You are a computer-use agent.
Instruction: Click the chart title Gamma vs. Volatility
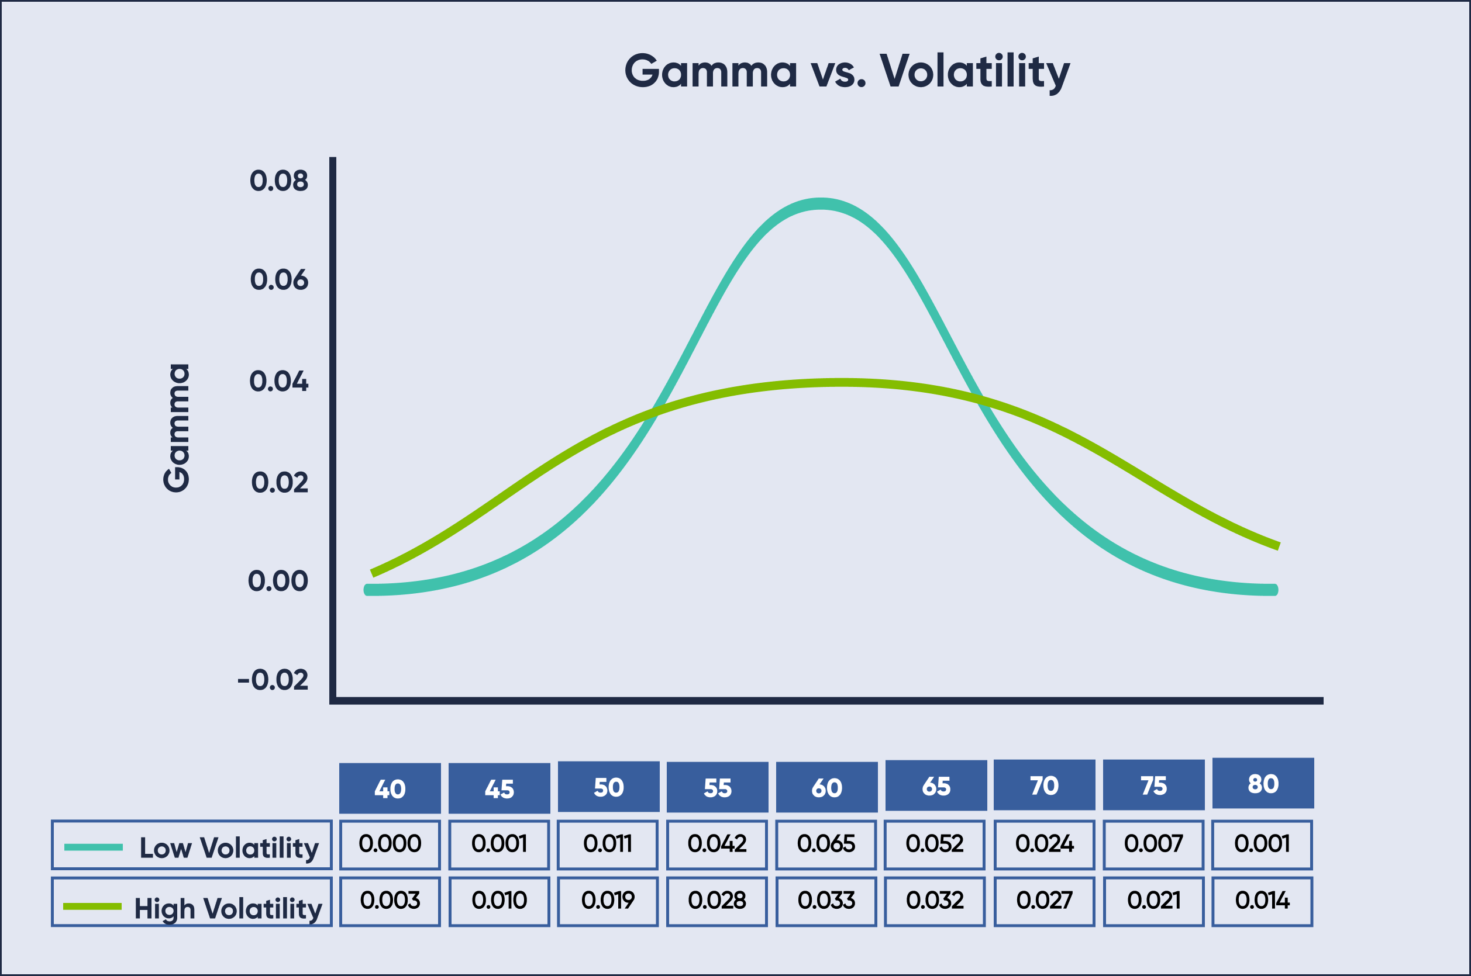(x=846, y=71)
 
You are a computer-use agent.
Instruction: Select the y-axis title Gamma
(x=177, y=428)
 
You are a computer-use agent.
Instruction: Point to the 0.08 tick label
(x=278, y=181)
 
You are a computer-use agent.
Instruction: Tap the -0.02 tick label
(x=273, y=680)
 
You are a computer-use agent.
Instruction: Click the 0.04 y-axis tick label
(x=278, y=382)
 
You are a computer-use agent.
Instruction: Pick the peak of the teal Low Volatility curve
(x=821, y=204)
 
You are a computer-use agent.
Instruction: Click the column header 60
(x=826, y=788)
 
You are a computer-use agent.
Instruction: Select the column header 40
(x=390, y=789)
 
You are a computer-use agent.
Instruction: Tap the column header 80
(x=1263, y=784)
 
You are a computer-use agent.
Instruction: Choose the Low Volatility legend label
(x=229, y=848)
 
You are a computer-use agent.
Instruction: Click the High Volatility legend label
(x=228, y=908)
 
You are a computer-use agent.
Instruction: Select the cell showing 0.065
(x=826, y=844)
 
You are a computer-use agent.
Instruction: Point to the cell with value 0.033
(x=826, y=901)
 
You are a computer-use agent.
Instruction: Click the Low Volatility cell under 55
(x=717, y=844)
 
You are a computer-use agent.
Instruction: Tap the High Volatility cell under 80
(x=1262, y=901)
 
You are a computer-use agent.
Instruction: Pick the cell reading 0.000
(x=390, y=844)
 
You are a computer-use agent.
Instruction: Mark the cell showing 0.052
(x=934, y=844)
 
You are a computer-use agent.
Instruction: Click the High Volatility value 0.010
(x=499, y=901)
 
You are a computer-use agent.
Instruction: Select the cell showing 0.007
(x=1153, y=844)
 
